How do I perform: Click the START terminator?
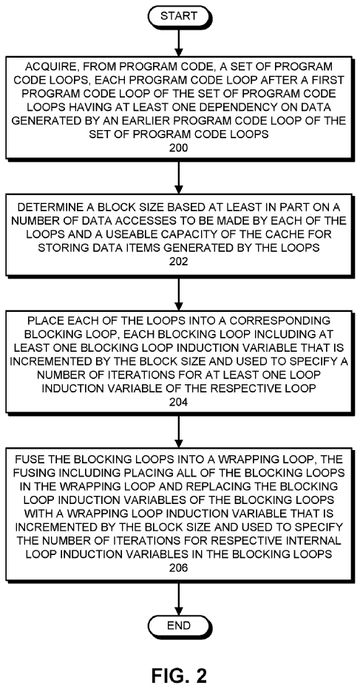pyautogui.click(x=179, y=16)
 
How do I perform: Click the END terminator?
pyautogui.click(x=179, y=626)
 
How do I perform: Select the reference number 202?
pyautogui.click(x=179, y=262)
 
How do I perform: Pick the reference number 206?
pyautogui.click(x=179, y=568)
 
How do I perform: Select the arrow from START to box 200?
pyautogui.click(x=179, y=42)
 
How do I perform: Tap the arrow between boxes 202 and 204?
pyautogui.click(x=179, y=292)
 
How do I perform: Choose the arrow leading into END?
pyautogui.click(x=179, y=598)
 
